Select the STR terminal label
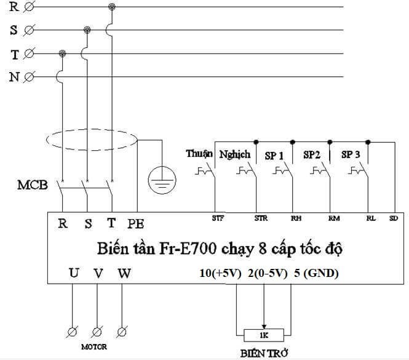(260, 217)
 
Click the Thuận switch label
(199, 153)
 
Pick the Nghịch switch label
(235, 154)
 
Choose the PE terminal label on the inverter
(136, 223)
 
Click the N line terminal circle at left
(29, 76)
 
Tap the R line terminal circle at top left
(29, 7)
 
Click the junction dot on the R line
(111, 7)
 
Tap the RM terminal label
(334, 217)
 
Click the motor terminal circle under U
(72, 332)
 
